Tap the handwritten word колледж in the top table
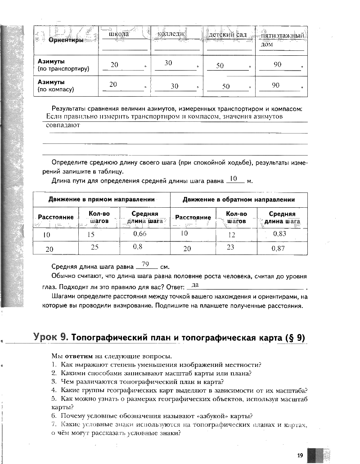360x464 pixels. coord(171,34)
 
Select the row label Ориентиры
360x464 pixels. coord(66,40)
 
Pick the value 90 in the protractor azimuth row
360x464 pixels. coord(277,64)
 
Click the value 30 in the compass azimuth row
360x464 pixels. coord(175,86)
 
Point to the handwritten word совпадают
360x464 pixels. coord(63,125)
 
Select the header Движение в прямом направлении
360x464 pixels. coord(102,199)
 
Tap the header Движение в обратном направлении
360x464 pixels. coord(239,199)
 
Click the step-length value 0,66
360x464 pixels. coord(140,234)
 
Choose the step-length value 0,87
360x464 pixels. coord(278,248)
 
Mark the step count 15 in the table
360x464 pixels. coord(91,235)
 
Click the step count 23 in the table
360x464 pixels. coord(230,247)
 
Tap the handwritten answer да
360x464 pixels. coord(195,285)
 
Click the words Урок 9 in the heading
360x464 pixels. coord(51,337)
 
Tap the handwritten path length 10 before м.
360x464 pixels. coord(234,178)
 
